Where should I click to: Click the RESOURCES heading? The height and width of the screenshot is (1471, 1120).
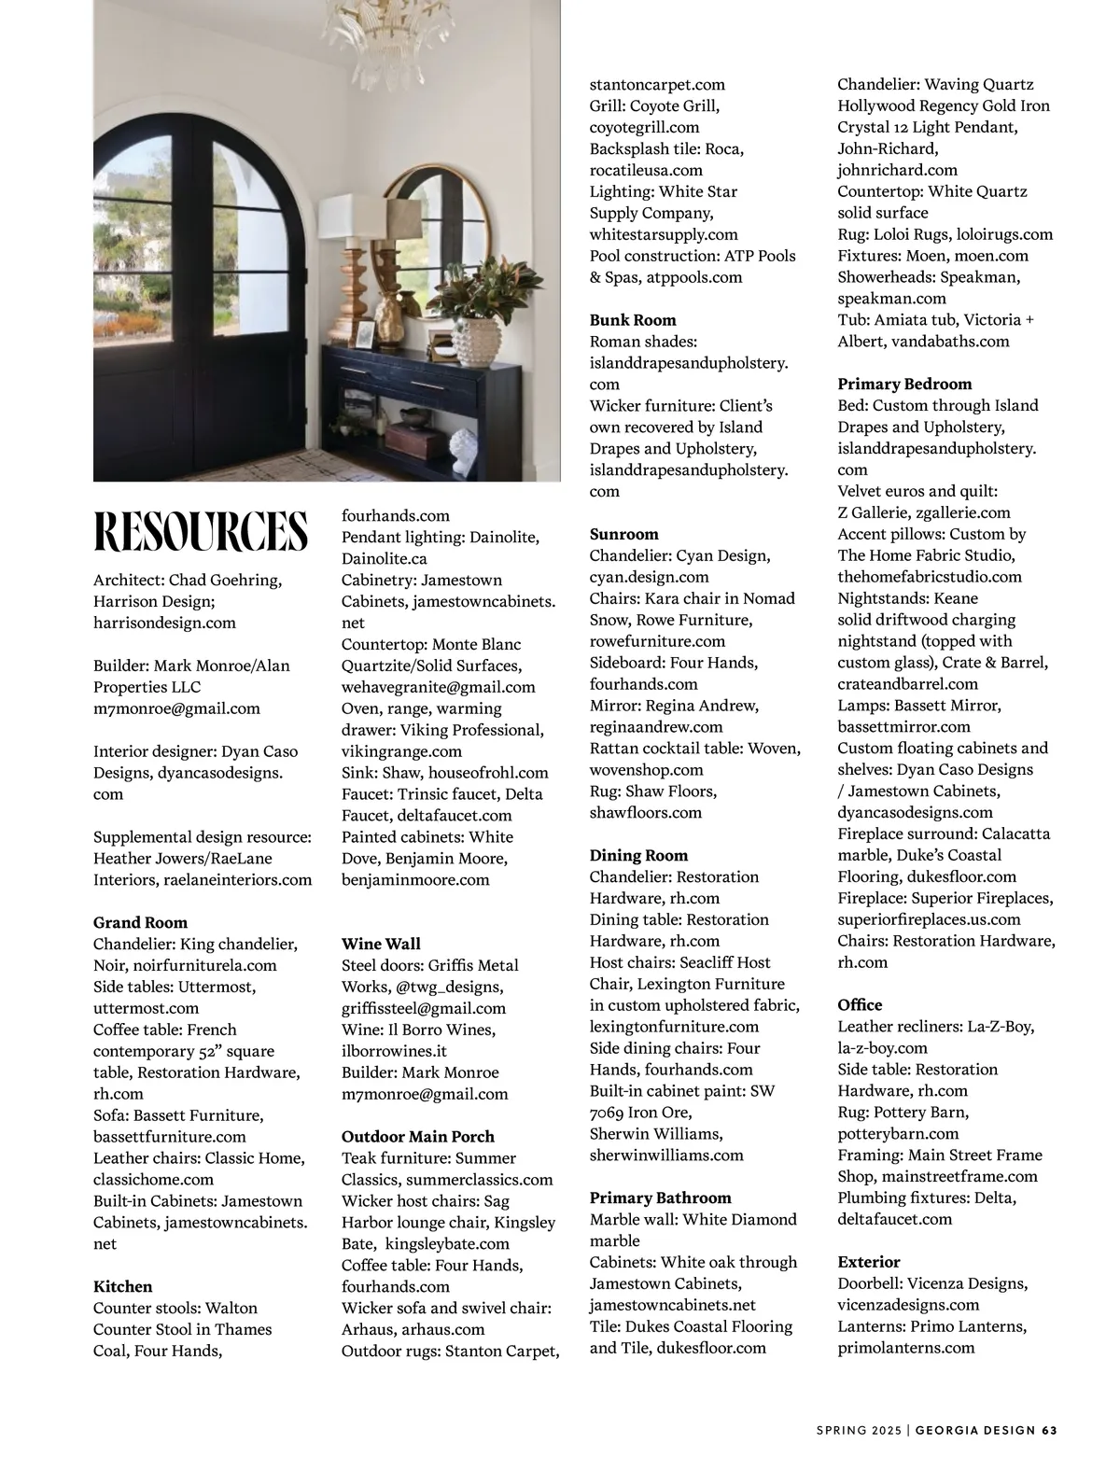[x=201, y=531]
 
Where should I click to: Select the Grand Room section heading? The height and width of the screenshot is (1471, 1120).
[x=140, y=922]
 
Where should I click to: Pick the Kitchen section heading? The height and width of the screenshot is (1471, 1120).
[x=122, y=1286]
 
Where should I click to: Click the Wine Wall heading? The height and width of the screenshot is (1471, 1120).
[x=381, y=944]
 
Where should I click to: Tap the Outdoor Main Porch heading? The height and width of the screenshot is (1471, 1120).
[x=417, y=1136]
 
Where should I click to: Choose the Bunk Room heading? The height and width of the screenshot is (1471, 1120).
[x=633, y=320]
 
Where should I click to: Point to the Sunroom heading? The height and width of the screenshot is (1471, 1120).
[x=623, y=534]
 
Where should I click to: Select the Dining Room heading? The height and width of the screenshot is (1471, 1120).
[x=638, y=855]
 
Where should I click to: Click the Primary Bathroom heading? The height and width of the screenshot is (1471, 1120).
[x=660, y=1198]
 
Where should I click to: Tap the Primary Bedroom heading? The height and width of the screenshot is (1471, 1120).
[x=903, y=384]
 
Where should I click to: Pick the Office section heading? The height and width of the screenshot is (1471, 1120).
[x=859, y=1004]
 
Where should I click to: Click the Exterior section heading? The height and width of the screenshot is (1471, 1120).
[x=868, y=1261]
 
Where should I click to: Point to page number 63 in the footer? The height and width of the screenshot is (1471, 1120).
[x=1048, y=1429]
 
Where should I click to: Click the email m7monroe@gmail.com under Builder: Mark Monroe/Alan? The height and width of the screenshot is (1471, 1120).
[x=176, y=708]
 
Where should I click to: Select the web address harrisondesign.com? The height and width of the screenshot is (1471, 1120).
[x=164, y=623]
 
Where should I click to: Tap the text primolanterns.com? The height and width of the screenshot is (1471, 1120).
[x=905, y=1347]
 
